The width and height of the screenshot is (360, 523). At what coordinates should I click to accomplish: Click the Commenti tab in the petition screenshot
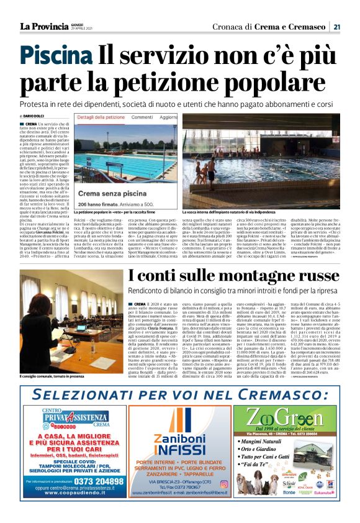(143, 117)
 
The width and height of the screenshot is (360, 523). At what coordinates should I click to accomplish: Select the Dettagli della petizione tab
(101, 117)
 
